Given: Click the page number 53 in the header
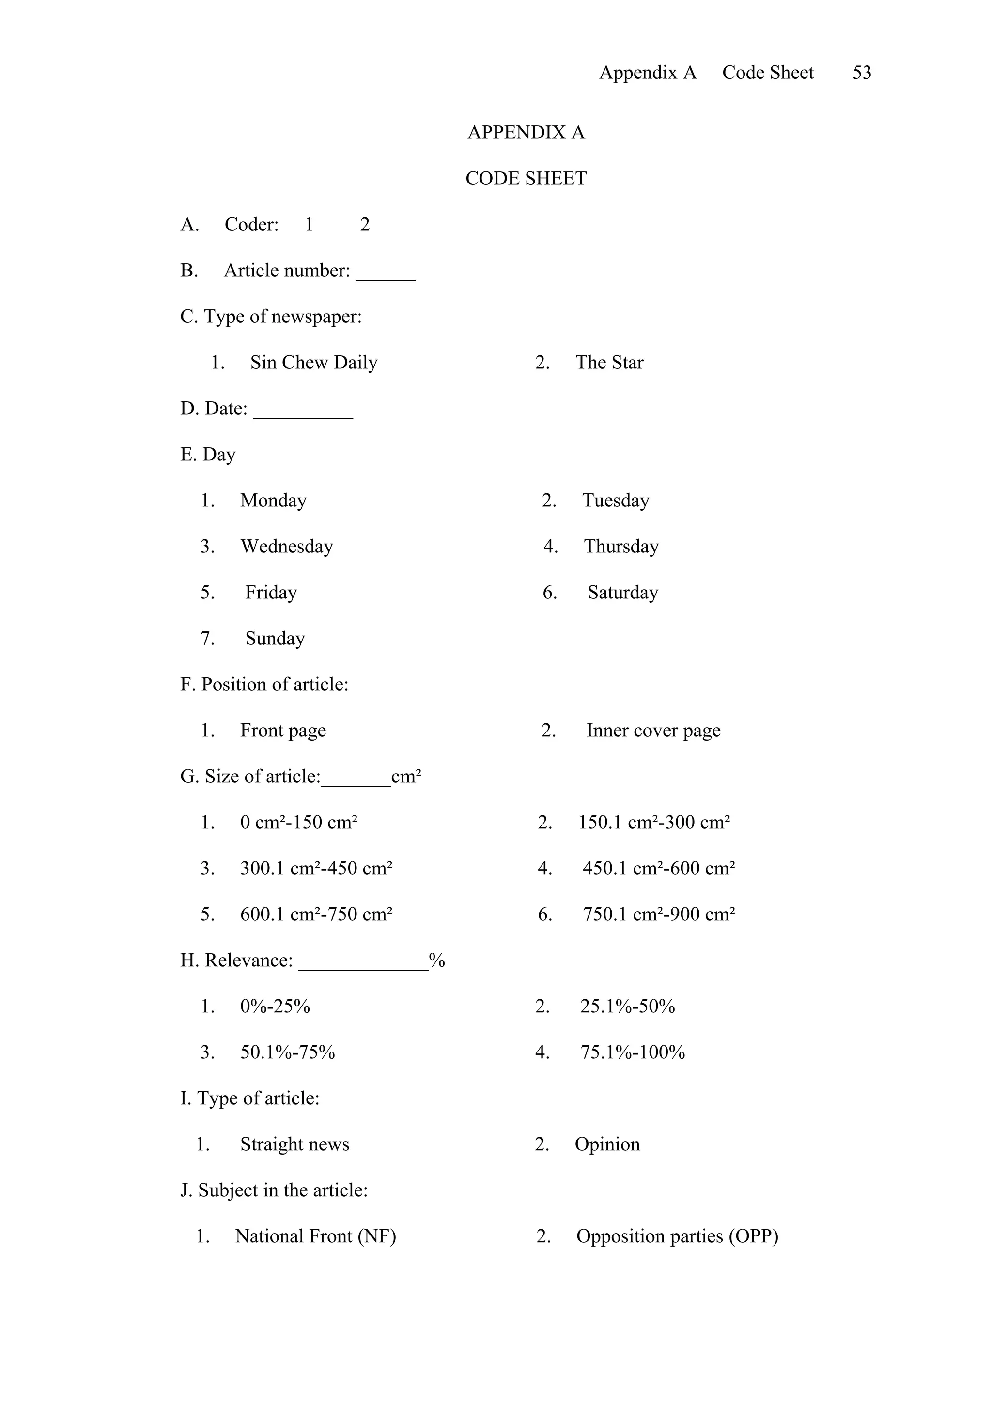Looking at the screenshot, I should click(861, 73).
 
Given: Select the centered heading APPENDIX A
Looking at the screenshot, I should click(526, 133).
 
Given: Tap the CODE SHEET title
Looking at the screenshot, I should click(526, 179).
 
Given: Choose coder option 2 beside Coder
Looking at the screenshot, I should click(365, 225).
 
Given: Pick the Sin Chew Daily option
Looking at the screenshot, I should click(313, 362).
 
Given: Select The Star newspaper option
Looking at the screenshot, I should click(609, 362).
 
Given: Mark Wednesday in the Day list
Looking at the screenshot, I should click(287, 546).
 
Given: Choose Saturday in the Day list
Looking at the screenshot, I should click(623, 592).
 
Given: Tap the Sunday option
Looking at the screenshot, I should click(275, 639).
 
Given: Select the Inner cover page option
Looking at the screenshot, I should click(653, 730).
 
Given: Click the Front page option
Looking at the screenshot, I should click(283, 730).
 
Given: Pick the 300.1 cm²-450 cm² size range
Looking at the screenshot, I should click(316, 869).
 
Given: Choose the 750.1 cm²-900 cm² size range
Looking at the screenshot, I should click(658, 914).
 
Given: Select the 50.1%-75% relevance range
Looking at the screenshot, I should click(287, 1052).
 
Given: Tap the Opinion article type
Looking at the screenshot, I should click(607, 1144).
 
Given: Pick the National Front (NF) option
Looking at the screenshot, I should click(315, 1236).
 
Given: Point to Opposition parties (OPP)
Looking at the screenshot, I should click(677, 1236).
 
